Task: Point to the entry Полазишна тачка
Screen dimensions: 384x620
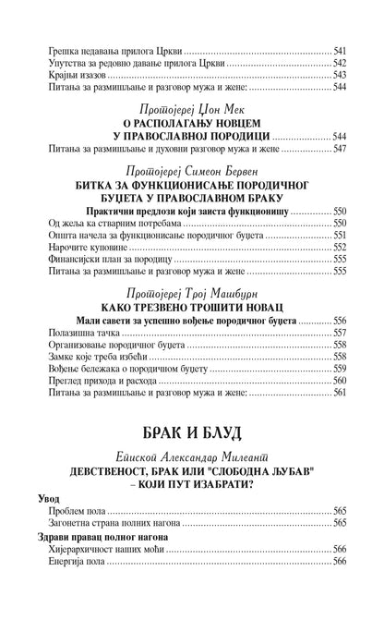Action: pos(67,332)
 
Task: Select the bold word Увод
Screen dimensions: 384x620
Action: pos(41,498)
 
